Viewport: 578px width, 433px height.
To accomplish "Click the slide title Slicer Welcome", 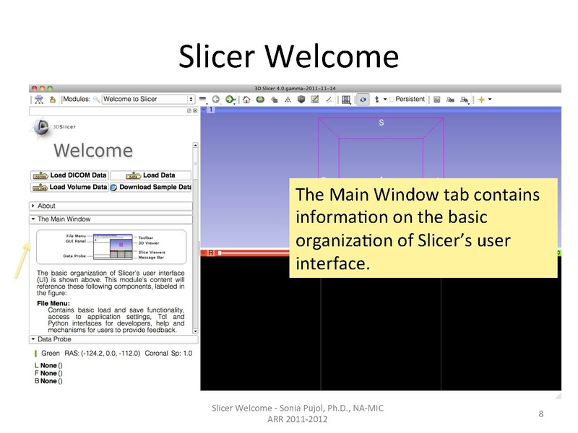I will [x=288, y=56].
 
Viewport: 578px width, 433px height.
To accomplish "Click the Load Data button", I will [x=151, y=175].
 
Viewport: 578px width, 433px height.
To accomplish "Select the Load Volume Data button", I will [x=69, y=187].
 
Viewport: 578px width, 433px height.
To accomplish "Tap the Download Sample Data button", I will [x=151, y=187].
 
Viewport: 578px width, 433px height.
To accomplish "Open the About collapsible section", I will [x=46, y=206].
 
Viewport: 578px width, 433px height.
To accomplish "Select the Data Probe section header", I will [x=54, y=338].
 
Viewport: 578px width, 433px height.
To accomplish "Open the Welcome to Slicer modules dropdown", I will [x=148, y=99].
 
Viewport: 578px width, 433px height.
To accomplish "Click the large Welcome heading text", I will [x=94, y=151].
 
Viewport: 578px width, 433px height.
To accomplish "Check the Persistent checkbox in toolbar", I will [x=392, y=99].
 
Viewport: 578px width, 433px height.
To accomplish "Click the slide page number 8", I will [x=540, y=414].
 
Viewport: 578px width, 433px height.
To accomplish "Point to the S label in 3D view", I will [x=381, y=123].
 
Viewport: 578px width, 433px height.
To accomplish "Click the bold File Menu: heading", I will [x=53, y=304].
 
